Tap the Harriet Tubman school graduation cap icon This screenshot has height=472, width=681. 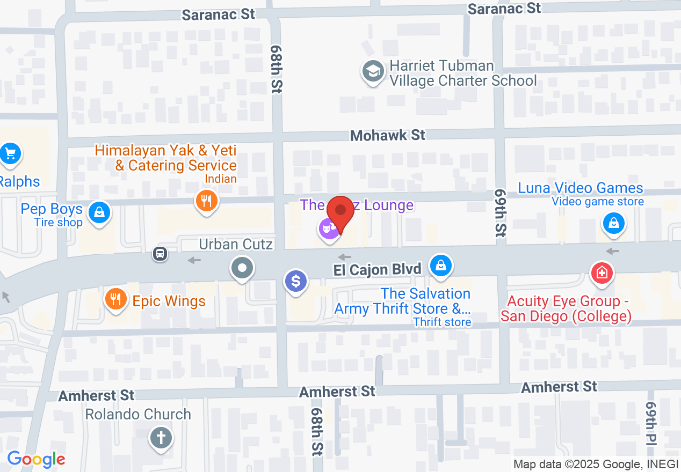(372, 72)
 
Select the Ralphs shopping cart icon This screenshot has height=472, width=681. (10, 154)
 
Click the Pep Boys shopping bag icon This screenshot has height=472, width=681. (99, 212)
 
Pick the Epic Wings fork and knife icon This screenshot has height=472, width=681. (115, 298)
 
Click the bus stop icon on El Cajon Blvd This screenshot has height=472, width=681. (160, 253)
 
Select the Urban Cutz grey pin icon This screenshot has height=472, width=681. (242, 267)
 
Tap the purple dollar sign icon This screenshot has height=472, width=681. (296, 281)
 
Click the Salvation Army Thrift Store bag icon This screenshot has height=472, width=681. (441, 265)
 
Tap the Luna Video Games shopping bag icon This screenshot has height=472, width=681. (614, 223)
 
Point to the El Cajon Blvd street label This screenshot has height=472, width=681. (377, 269)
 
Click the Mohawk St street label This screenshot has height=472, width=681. (388, 135)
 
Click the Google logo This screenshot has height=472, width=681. (36, 459)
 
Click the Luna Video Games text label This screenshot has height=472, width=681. (581, 188)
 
